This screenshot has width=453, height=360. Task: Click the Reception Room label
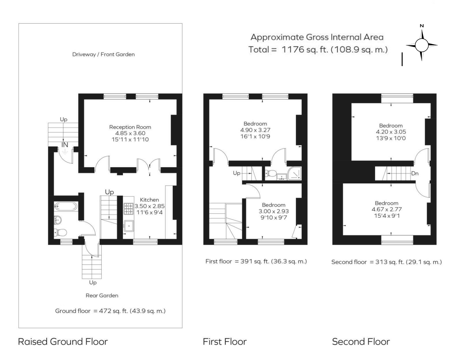point(130,127)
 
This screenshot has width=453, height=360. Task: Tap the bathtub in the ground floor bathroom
point(66,206)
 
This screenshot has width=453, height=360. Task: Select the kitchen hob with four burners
point(128,209)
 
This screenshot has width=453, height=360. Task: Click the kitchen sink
point(128,226)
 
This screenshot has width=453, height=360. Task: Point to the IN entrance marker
point(64,145)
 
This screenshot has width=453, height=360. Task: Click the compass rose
point(422,45)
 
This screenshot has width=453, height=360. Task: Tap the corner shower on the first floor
point(294,174)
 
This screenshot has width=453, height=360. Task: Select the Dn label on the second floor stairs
point(415,174)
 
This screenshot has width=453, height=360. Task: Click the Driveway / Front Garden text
point(103,54)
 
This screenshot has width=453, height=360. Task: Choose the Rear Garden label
point(102,295)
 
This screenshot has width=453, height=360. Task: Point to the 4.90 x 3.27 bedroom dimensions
point(255,130)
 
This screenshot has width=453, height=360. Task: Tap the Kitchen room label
point(149,200)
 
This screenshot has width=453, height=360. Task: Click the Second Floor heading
point(361,342)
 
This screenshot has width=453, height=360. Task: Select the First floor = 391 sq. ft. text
point(256,261)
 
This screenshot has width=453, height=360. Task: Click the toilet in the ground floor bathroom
point(61,232)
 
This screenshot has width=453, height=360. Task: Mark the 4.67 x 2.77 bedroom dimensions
point(387,209)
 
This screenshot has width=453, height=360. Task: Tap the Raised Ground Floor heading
point(63,342)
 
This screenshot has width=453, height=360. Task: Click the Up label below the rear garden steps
point(93,282)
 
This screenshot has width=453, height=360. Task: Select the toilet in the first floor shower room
point(271,174)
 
